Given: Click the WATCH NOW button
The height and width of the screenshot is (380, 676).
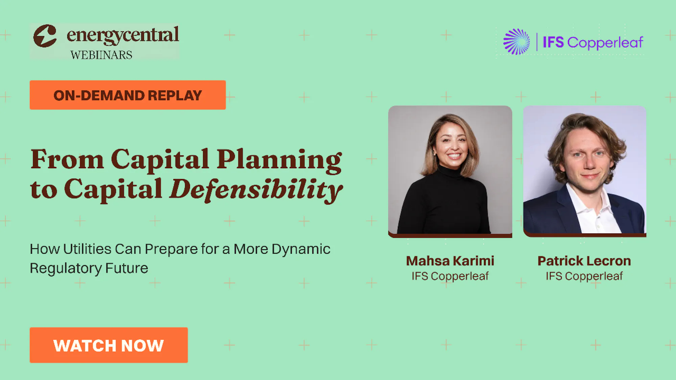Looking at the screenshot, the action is pos(108,345).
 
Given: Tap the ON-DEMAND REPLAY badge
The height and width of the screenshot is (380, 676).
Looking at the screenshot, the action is pos(128,95).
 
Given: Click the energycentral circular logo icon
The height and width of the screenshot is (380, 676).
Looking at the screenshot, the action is pos(45,36).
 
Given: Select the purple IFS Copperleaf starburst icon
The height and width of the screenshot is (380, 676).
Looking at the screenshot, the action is pos(516,42).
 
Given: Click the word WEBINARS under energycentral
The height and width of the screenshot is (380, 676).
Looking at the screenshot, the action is pos(101,55).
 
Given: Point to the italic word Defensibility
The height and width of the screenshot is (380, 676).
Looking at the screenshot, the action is pos(256,190).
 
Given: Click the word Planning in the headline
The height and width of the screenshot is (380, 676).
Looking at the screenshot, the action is pos(279,160).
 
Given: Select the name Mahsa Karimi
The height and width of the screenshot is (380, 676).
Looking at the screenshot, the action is pos(450,261).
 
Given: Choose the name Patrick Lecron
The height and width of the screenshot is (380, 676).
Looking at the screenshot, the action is pos(584,261).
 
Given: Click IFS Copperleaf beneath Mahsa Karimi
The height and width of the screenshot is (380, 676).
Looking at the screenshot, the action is pos(450,276).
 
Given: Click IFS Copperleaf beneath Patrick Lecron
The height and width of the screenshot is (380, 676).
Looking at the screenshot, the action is pos(584,276).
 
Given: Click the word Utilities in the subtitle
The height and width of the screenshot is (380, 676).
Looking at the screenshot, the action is pos(87,249).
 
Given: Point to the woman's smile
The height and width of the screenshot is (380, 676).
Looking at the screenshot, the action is pos(454,156).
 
